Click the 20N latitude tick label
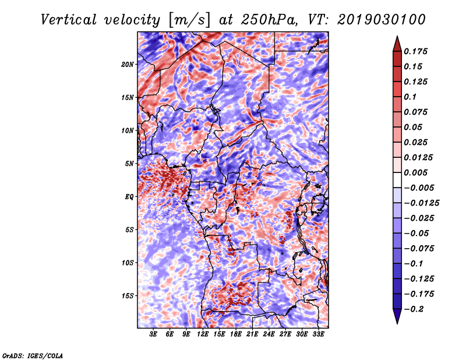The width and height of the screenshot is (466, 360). tap(128, 65)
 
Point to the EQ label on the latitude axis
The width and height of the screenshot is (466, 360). tap(129, 197)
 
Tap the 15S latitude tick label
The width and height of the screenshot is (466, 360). tap(128, 296)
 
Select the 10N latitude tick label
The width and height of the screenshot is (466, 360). tap(128, 130)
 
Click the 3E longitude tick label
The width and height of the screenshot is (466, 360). tap(153, 334)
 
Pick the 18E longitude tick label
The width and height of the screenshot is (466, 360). tap(236, 334)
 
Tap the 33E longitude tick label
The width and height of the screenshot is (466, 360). tap(318, 334)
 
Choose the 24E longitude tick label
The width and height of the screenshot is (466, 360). tap(269, 334)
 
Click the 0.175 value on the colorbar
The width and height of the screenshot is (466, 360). tap(415, 51)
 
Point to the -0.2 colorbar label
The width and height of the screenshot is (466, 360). tap(414, 309)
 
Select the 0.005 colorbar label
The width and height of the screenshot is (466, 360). tap(415, 172)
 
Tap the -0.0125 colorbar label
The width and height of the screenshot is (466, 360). tap(421, 203)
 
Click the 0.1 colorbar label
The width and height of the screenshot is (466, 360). tap(410, 97)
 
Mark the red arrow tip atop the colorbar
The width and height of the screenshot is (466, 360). tap(397, 36)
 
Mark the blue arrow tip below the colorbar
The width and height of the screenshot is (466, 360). tap(397, 323)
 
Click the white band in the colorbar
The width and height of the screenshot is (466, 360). tap(397, 180)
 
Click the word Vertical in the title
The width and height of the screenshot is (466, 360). tap(69, 20)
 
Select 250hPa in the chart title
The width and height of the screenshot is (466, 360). tap(269, 20)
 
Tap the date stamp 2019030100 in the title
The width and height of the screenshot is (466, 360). tap(382, 20)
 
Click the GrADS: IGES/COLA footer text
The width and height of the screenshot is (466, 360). tap(33, 355)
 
